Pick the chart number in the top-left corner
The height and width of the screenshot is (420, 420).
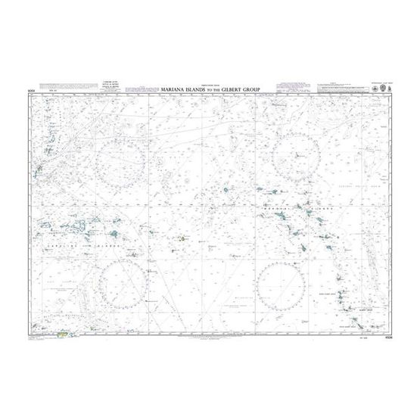coord(32,90)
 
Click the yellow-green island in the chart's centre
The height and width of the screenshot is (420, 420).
coord(182,240)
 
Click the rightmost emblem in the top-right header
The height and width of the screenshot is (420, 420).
coord(385,88)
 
